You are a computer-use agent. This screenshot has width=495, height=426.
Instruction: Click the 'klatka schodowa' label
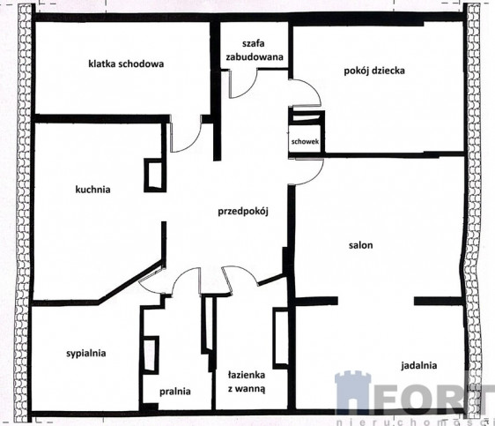[126, 64]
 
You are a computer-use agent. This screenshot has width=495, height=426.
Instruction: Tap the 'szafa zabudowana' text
[255, 50]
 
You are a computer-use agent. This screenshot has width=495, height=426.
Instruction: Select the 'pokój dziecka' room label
[374, 71]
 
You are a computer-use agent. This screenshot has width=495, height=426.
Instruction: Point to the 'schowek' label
[305, 141]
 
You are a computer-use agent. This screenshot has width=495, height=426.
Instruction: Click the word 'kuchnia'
[92, 190]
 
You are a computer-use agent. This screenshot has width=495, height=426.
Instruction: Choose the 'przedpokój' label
[243, 211]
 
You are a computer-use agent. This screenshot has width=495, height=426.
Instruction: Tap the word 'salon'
[361, 245]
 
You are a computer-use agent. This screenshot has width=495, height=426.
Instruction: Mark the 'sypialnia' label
[85, 354]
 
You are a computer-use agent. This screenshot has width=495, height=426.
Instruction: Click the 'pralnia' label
[175, 392]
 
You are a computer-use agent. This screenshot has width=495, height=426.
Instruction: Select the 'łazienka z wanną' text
[247, 382]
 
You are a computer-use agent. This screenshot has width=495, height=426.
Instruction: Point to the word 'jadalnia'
[419, 366]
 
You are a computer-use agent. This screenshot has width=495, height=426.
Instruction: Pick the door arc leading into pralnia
[181, 273]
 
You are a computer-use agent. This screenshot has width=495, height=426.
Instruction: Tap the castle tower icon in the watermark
[352, 392]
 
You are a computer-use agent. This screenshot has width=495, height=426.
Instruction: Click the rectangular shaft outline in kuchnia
[155, 175]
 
